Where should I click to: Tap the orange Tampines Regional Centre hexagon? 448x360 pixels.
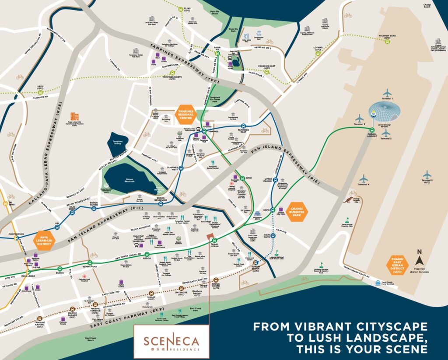pyautogui.click(x=186, y=115)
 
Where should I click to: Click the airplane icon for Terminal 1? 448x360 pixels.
pyautogui.click(x=387, y=93)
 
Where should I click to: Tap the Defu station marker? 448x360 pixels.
pyautogui.click(x=40, y=92)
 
